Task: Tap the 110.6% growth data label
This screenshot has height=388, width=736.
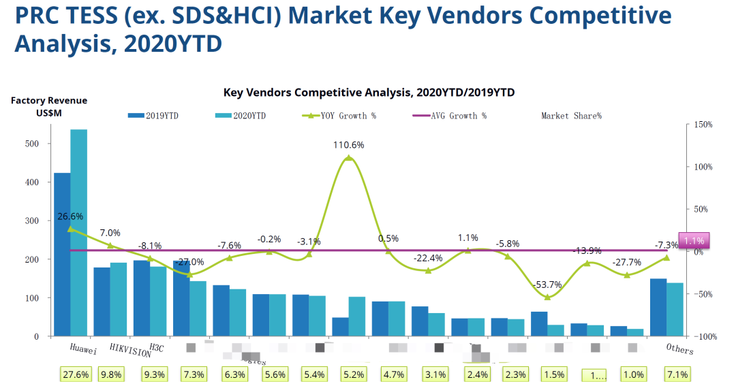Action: (349, 145)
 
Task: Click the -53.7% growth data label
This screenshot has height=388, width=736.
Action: (547, 285)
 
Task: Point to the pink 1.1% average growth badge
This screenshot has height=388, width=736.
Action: (694, 240)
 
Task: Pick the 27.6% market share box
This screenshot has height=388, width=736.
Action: (75, 374)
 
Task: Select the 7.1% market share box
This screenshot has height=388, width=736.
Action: (678, 374)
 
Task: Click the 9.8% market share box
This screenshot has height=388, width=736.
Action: (111, 374)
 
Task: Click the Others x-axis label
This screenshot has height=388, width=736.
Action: (679, 349)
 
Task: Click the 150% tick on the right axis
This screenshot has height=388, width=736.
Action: (703, 125)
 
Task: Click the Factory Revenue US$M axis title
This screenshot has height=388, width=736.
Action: (49, 106)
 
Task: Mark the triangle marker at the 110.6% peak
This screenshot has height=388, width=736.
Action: (349, 158)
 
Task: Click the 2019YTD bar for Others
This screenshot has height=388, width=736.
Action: (658, 307)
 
